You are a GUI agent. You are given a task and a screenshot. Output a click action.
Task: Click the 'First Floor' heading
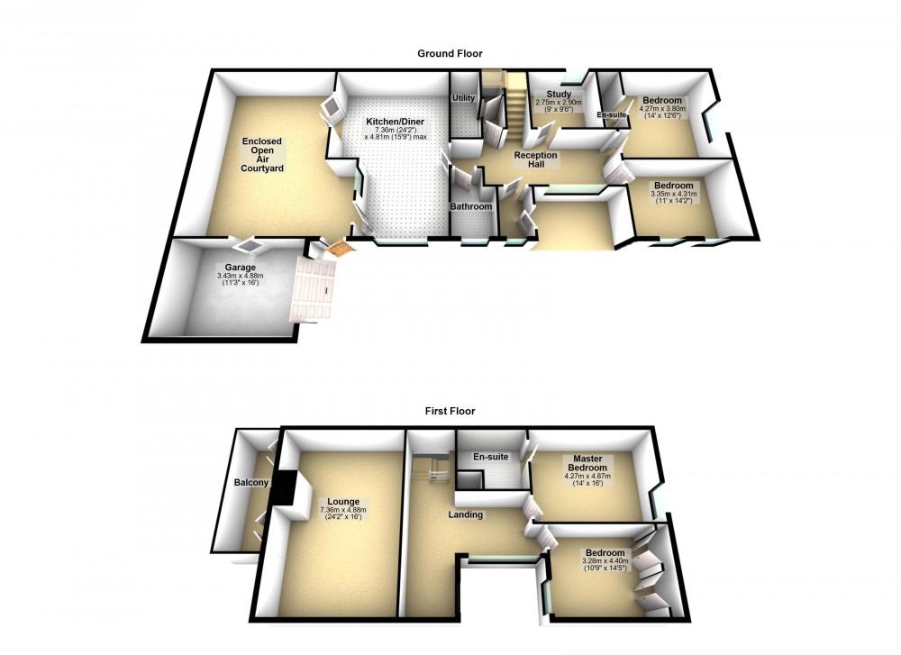point(450,411)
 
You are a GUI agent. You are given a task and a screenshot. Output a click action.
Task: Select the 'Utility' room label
point(463,97)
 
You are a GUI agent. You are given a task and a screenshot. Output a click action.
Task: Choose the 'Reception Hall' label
point(535,160)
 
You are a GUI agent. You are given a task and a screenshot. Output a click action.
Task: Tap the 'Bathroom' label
point(471,207)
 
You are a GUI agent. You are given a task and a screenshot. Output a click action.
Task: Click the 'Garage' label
point(241,267)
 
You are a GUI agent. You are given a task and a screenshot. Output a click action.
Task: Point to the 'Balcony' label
point(251,483)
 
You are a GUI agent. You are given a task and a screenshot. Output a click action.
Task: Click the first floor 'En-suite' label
point(491,458)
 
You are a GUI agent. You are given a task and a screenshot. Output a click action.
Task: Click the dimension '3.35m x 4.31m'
point(674,194)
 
